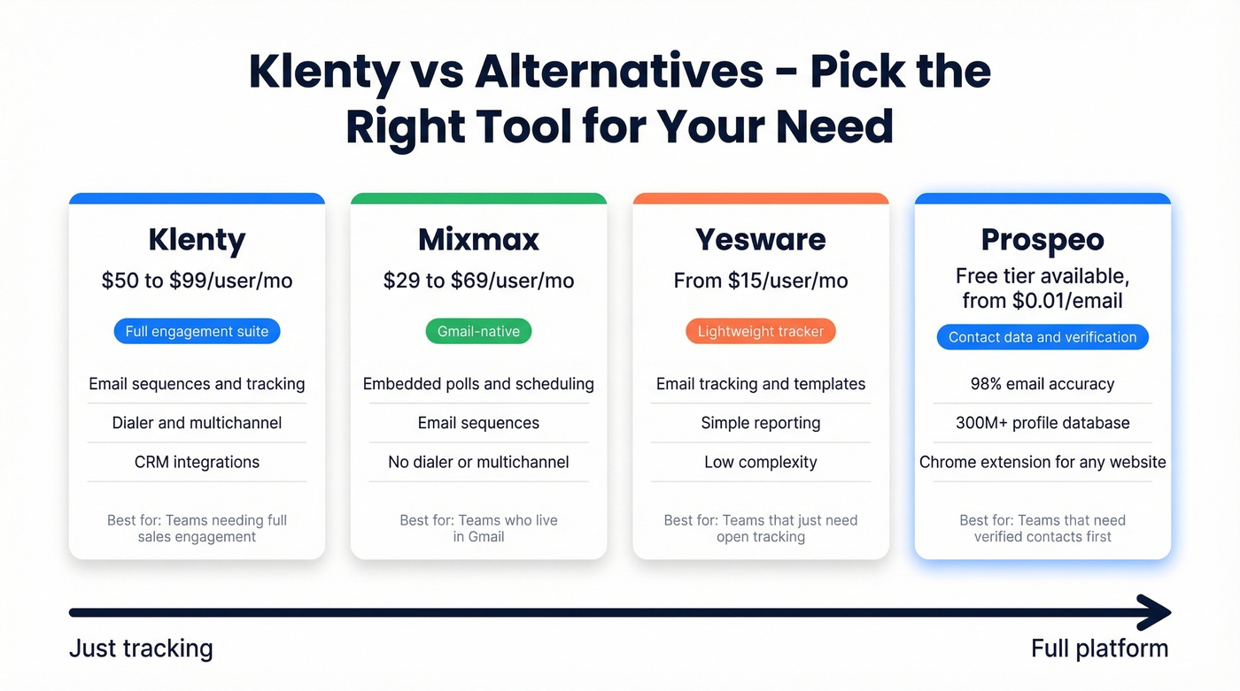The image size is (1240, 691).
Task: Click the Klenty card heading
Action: [197, 240]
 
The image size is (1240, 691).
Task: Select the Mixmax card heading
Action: [478, 240]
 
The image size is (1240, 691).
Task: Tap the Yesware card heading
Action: [760, 240]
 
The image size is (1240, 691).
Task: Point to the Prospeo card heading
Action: [1042, 240]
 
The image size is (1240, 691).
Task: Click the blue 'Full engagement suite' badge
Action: [197, 332]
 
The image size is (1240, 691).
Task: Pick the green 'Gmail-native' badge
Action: [478, 332]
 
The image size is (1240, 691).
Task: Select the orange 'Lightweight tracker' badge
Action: [760, 332]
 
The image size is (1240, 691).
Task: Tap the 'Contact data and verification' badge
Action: [1042, 337]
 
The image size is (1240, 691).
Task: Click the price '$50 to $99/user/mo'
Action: [197, 281]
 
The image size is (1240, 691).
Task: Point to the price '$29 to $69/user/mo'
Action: [478, 281]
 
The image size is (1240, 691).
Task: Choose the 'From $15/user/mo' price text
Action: [760, 281]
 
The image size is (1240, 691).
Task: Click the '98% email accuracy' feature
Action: [1042, 384]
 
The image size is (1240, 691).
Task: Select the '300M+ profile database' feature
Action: [1042, 423]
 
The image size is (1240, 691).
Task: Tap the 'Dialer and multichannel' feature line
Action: [197, 423]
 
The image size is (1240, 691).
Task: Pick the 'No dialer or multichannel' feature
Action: [478, 462]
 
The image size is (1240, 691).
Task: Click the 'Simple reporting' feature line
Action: [760, 423]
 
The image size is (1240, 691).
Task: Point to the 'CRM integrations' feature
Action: [197, 462]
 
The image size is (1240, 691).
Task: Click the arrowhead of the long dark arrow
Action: [1157, 612]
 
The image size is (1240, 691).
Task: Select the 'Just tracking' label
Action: [141, 649]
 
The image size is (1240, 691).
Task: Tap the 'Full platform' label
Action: [1099, 649]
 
